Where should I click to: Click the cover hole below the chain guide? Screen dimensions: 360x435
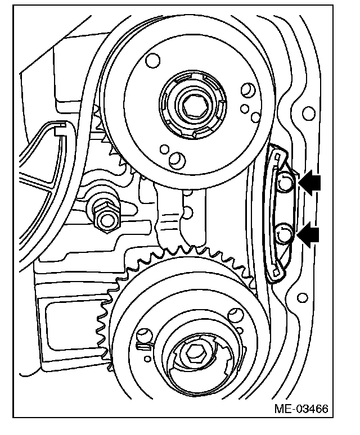[304, 297]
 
